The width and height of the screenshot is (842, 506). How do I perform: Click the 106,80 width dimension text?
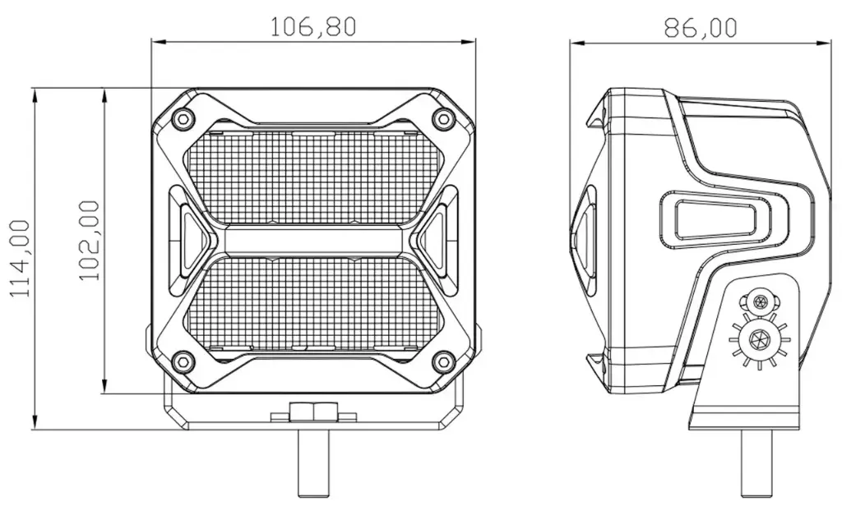[x=314, y=27]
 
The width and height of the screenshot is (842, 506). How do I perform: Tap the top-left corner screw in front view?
[x=183, y=118]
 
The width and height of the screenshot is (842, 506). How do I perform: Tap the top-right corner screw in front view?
[x=445, y=118]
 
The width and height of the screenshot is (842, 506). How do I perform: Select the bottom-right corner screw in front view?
[x=445, y=360]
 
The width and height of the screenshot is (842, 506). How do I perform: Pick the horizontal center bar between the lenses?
[x=313, y=240]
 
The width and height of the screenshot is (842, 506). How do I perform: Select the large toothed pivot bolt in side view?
[x=758, y=338]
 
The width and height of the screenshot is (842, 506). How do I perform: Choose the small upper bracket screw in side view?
[x=758, y=301]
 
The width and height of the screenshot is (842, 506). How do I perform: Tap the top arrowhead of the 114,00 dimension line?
[x=35, y=94]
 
